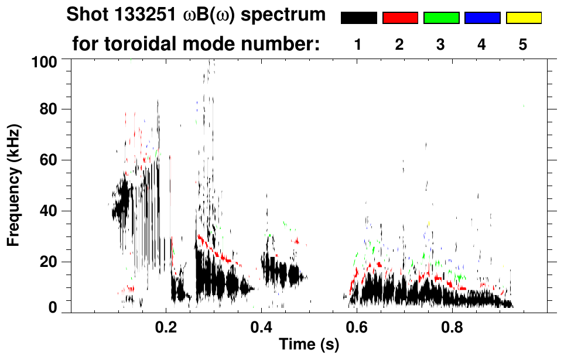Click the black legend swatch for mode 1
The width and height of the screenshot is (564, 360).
click(358, 18)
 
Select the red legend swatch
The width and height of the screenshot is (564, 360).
click(400, 18)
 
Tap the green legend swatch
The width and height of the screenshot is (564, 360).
click(441, 18)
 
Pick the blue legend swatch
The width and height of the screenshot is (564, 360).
click(482, 18)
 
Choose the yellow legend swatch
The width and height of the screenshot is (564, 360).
click(523, 18)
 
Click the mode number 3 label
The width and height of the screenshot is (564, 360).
click(441, 44)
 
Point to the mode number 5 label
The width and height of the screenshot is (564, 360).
click(523, 44)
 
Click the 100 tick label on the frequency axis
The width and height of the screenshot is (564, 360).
click(45, 61)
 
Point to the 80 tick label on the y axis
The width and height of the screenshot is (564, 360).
click(48, 109)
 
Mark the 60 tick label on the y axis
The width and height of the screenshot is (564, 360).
click(48, 160)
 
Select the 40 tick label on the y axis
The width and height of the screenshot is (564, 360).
click(48, 211)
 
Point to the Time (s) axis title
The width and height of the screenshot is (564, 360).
click(309, 345)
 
